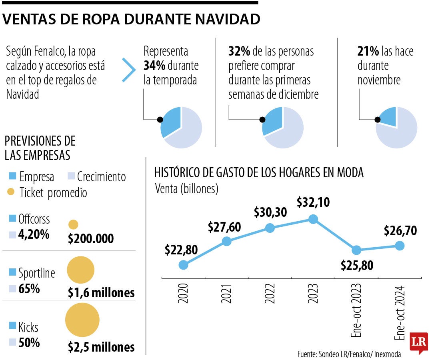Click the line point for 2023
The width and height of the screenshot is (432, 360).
tap(313, 219)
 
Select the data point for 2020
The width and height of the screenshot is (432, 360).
tap(183, 265)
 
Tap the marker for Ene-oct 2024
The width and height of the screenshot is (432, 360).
tap(400, 246)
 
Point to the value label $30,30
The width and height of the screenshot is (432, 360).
tap(270, 212)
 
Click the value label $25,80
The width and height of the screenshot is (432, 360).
tap(357, 265)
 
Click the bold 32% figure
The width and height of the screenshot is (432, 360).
tap(239, 51)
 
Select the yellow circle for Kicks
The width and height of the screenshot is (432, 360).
tap(82, 320)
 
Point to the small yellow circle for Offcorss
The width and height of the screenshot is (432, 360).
tap(73, 225)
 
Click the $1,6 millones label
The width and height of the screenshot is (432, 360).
tap(101, 292)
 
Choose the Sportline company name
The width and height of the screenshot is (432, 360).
tap(37, 273)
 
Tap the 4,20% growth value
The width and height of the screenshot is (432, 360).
tap(34, 234)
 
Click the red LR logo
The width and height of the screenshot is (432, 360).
tap(418, 342)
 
